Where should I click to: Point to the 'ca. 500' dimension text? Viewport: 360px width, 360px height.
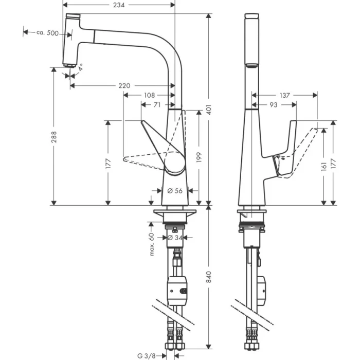[47, 32]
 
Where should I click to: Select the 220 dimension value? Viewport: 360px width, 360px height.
[124, 85]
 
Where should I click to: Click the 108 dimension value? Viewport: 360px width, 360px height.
[149, 95]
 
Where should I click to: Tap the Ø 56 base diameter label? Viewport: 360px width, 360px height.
[175, 191]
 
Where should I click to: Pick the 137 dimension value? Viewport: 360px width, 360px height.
[284, 95]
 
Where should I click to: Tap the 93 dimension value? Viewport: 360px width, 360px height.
[274, 105]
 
